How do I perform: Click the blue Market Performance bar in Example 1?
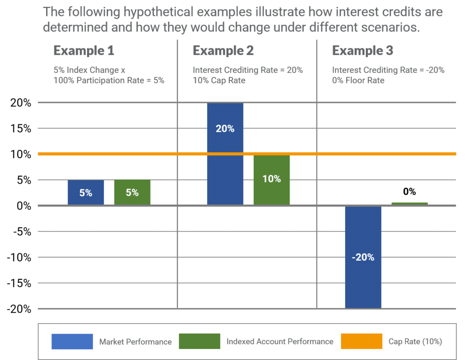coord(86,192)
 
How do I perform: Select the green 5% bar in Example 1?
coord(132,192)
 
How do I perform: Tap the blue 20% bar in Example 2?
coord(225,154)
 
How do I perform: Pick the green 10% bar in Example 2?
coord(272,180)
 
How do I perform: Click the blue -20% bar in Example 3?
coord(363,257)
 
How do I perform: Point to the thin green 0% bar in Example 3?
coord(410,204)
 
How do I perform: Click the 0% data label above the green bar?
coord(410,191)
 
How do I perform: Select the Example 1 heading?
coord(84,51)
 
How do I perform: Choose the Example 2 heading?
coord(223,51)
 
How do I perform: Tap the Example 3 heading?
coord(363,51)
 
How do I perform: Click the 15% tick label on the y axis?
coord(21,129)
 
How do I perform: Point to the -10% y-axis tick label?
coord(19,257)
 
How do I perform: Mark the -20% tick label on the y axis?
coord(19,309)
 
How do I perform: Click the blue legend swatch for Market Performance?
coord(72,341)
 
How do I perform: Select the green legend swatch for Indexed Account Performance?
coord(200,341)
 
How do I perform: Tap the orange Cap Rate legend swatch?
coord(362,341)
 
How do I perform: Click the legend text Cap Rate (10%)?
coord(415,342)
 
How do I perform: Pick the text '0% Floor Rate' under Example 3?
coord(358,80)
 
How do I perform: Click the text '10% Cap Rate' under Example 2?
coord(219,80)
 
